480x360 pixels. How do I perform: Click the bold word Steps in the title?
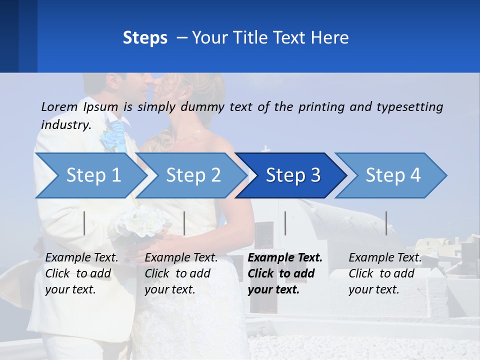pyautogui.click(x=145, y=37)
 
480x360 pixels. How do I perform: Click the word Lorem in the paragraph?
pyautogui.click(x=59, y=106)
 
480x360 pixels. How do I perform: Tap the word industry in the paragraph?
pyautogui.click(x=65, y=125)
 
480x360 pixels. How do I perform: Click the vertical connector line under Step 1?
pyautogui.click(x=84, y=223)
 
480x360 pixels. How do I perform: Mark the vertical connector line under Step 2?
pyautogui.click(x=184, y=223)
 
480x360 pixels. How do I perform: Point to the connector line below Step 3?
pyautogui.click(x=285, y=223)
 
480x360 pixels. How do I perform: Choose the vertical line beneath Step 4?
pyautogui.click(x=386, y=223)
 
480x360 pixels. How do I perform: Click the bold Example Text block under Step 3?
pyautogui.click(x=284, y=273)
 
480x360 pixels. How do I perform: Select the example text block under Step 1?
pyautogui.click(x=81, y=273)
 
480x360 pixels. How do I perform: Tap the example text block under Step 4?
pyautogui.click(x=384, y=273)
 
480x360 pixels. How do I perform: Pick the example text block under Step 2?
pyautogui.click(x=181, y=273)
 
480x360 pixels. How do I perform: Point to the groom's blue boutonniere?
pyautogui.click(x=113, y=136)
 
